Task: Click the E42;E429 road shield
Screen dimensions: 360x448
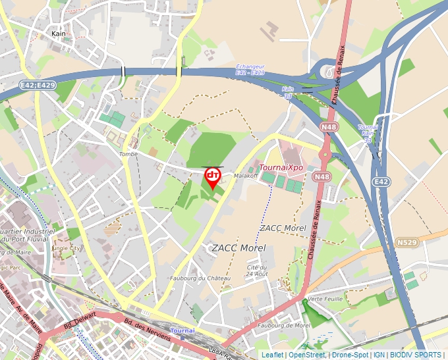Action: (38, 86)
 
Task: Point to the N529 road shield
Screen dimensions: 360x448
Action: (406, 243)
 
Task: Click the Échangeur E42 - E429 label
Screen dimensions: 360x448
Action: (250, 69)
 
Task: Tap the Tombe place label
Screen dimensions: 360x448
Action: (128, 154)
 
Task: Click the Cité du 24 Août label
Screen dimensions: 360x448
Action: (257, 270)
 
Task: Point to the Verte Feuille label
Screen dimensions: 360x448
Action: (323, 298)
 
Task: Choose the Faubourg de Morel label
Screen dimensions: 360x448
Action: (284, 325)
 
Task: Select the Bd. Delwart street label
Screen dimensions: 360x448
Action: (80, 321)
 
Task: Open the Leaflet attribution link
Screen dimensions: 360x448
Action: (271, 355)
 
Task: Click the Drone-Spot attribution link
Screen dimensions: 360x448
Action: (350, 355)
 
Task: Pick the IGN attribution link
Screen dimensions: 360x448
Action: (379, 355)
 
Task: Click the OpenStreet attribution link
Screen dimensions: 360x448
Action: (307, 355)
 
